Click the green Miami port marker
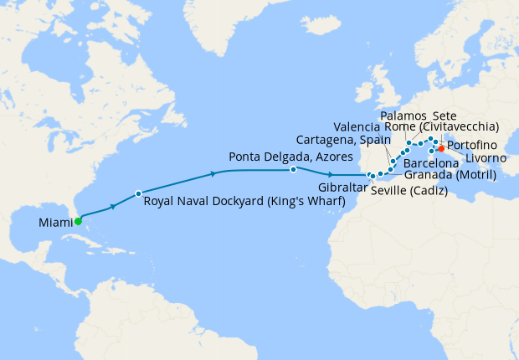(77, 222)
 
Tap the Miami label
(54, 223)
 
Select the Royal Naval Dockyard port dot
(138, 194)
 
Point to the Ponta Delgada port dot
(293, 170)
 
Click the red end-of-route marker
(441, 149)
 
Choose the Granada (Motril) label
(450, 175)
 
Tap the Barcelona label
(431, 163)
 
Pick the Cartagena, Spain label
(342, 138)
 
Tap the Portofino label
(473, 144)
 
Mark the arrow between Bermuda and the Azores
(215, 174)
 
